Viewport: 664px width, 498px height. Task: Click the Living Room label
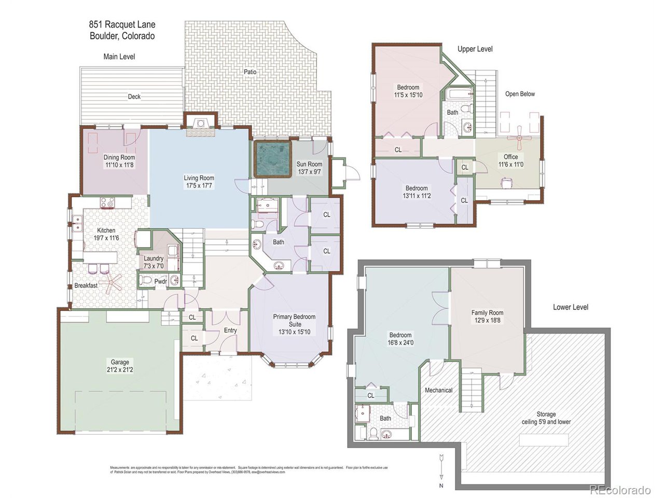pyautogui.click(x=199, y=178)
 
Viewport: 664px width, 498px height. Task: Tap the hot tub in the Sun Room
pyautogui.click(x=271, y=159)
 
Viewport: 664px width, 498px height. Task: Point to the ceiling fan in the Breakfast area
pyautogui.click(x=110, y=283)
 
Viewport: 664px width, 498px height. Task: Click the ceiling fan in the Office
pyautogui.click(x=519, y=138)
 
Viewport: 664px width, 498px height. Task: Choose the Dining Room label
pyautogui.click(x=119, y=157)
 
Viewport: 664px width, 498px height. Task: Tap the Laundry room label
pyautogui.click(x=154, y=258)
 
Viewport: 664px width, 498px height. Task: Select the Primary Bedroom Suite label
pyautogui.click(x=294, y=320)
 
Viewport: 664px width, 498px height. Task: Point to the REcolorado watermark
pyautogui.click(x=619, y=490)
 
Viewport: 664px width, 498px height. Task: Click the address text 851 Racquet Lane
pyautogui.click(x=121, y=24)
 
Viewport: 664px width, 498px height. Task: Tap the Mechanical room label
pyautogui.click(x=439, y=390)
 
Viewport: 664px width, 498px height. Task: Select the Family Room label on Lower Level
pyautogui.click(x=487, y=312)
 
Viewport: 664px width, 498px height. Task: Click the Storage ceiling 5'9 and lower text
pyautogui.click(x=546, y=418)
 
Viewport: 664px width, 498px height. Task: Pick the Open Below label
pyautogui.click(x=520, y=94)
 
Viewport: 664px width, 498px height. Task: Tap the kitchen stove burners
pyautogui.click(x=107, y=203)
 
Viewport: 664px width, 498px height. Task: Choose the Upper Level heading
pyautogui.click(x=475, y=49)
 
